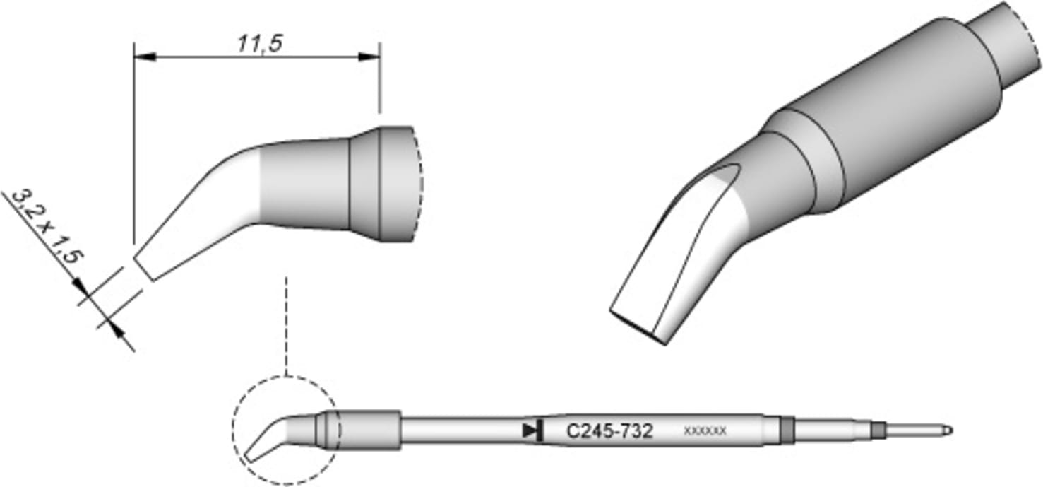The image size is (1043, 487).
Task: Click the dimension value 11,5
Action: (x=259, y=44)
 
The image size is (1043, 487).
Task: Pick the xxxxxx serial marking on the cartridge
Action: (x=705, y=430)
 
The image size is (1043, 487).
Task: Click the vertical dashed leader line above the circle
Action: (x=286, y=325)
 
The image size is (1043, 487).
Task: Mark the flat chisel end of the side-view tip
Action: (x=142, y=263)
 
